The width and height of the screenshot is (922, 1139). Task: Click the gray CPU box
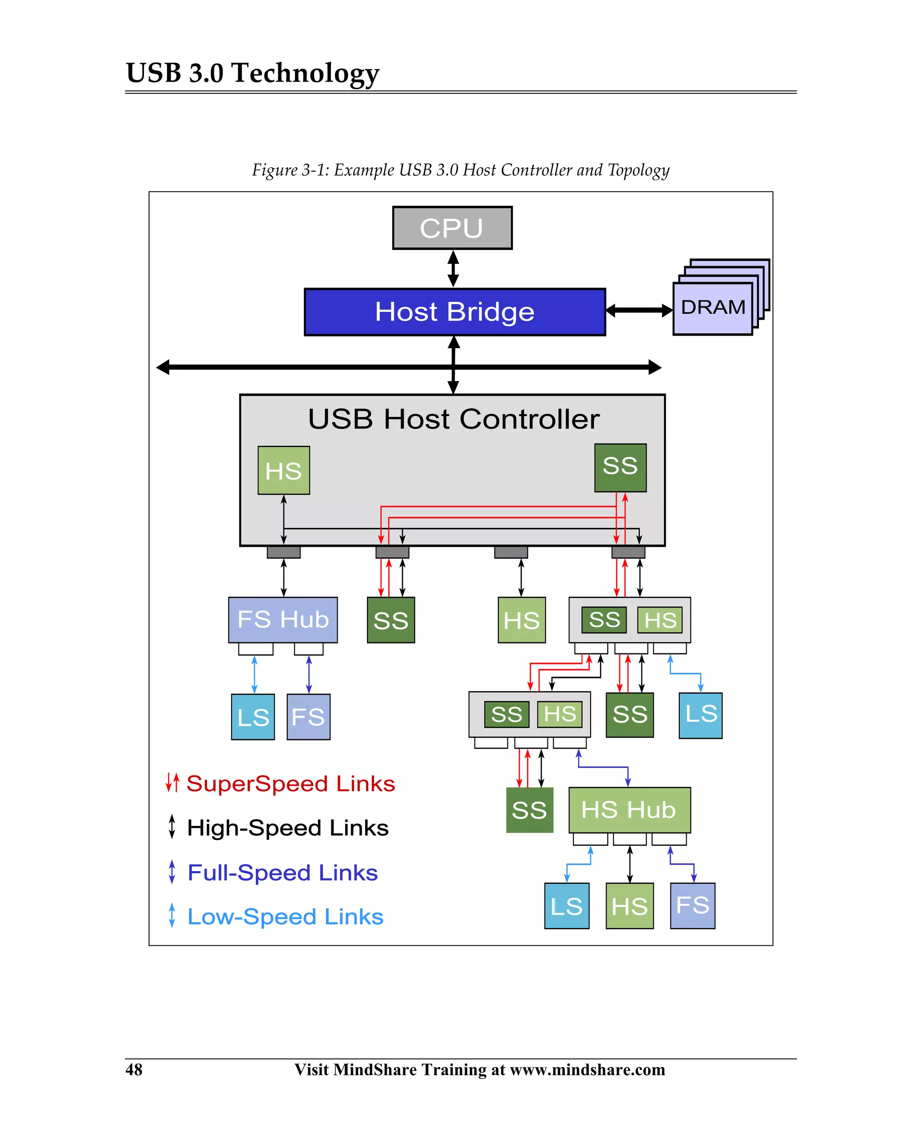point(452,228)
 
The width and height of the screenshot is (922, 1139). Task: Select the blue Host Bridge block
point(455,312)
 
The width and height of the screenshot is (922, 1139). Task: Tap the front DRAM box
point(712,308)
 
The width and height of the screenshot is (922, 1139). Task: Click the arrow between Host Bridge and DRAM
point(639,311)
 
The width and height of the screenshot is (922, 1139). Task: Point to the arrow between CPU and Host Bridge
point(453,269)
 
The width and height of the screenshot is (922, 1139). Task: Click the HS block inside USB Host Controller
point(284,471)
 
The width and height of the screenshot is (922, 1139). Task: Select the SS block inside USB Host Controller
point(620,467)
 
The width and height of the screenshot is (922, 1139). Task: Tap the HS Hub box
point(629,810)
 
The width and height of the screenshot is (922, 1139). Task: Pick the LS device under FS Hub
point(253,717)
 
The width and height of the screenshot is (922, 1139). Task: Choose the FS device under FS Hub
point(308,717)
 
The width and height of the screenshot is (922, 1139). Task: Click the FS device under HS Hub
point(692,906)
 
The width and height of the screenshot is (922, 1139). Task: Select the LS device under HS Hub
point(567,906)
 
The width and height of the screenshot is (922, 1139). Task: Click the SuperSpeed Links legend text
point(290,784)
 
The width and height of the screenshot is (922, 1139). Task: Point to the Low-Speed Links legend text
point(285,917)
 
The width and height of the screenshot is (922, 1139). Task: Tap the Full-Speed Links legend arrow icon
point(172,872)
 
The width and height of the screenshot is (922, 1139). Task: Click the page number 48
point(134,1069)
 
